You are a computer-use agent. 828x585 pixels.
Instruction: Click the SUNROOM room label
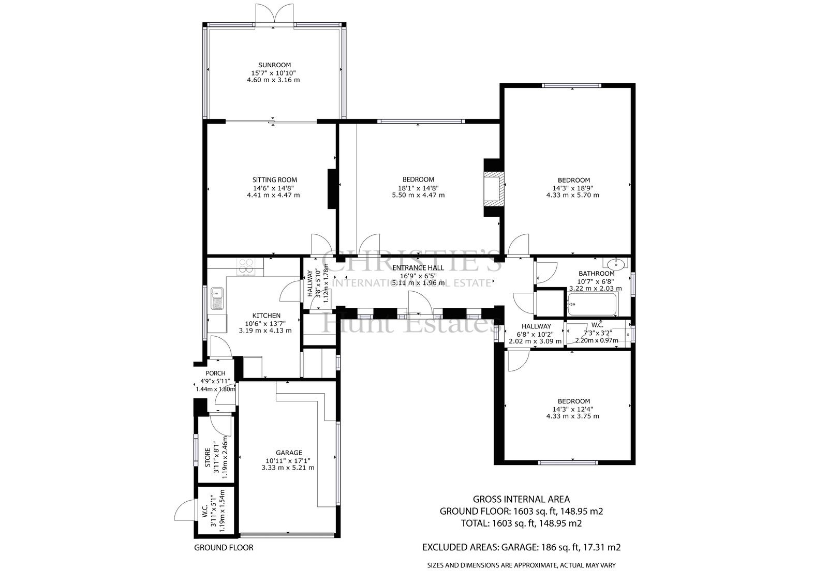coord(274,65)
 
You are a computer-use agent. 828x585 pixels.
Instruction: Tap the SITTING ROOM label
coord(275,180)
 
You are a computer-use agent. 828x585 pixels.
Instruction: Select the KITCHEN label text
coord(266,316)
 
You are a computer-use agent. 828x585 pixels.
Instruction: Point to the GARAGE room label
coord(289,453)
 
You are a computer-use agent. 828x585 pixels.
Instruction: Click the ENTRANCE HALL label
coord(418,268)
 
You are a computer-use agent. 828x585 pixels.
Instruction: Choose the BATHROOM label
coord(597,274)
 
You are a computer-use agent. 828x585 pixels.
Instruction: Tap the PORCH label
coord(215,373)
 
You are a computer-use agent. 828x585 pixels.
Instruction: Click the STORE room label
coord(208,458)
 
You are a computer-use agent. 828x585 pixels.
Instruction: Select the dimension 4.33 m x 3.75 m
coord(572,416)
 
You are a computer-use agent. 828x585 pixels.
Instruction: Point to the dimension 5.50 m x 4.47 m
coord(419,195)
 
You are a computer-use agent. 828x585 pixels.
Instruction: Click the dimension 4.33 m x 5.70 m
coord(572,195)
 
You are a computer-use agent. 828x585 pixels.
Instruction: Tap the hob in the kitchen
coord(246,266)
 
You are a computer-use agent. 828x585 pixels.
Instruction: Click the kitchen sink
coord(217,298)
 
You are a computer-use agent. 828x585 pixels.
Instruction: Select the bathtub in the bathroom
coord(592,304)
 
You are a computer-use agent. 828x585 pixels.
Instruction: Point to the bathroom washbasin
coord(615,264)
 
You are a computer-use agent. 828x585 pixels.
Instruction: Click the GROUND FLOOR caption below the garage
coord(224,548)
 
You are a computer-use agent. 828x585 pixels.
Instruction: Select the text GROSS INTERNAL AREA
coord(521,499)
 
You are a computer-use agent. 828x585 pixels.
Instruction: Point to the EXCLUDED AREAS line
coord(521,547)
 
